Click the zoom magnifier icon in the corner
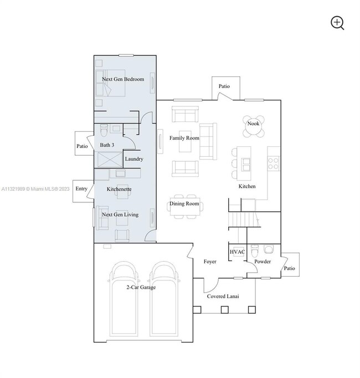coord(337,23)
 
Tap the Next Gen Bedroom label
coord(122,79)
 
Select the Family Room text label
coord(184,138)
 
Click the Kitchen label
coord(247,186)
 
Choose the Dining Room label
coord(184,204)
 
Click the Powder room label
coord(263,261)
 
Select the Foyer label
coord(210,261)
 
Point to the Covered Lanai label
coord(223,297)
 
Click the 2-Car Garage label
coord(141,287)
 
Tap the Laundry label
coord(134,159)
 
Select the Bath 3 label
coord(107,145)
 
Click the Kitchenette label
coord(119,189)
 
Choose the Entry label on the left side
coord(81,189)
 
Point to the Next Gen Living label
coord(120,214)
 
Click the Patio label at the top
coord(224,86)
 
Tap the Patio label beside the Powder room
coord(289,268)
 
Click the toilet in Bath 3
coord(104,131)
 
